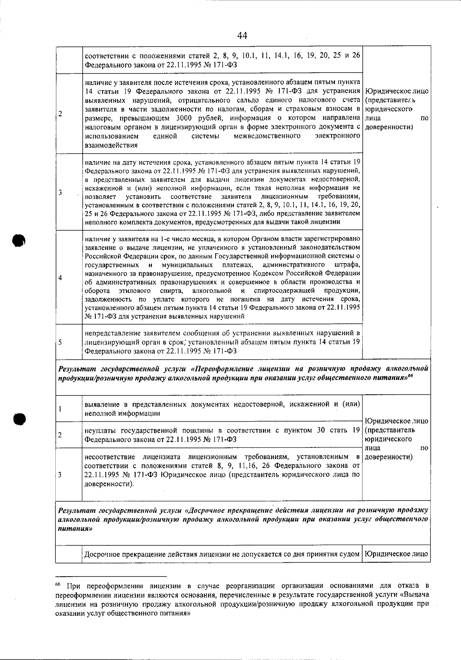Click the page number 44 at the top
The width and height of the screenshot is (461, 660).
242,36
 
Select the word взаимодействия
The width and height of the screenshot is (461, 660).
111,145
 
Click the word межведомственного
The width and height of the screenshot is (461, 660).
267,136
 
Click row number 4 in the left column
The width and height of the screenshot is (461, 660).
61,278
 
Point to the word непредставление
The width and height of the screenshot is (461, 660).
109,333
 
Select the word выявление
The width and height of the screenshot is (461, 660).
100,404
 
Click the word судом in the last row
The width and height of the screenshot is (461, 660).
351,554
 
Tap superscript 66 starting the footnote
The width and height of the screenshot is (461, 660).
58,585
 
